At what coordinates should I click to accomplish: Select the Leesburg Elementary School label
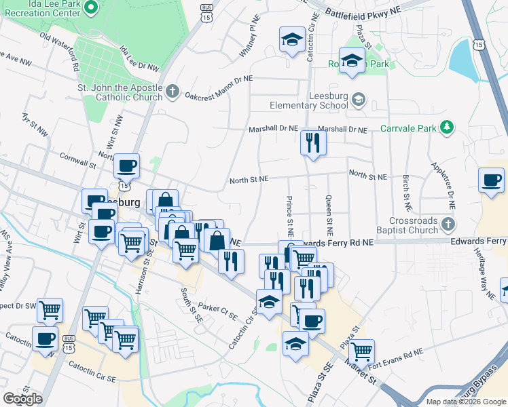tap(310, 101)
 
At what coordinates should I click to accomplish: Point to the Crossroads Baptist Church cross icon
tap(447, 224)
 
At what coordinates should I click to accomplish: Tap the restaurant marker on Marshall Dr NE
tap(313, 143)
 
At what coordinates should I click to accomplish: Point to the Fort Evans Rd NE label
tap(398, 353)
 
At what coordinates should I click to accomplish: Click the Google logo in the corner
tap(22, 399)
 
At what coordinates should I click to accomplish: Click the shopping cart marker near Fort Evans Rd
tap(362, 351)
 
